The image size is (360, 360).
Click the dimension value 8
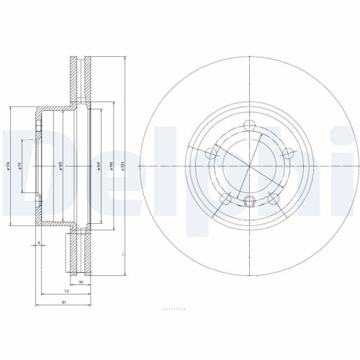(x=37, y=244)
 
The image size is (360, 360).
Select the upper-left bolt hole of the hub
(x=211, y=153)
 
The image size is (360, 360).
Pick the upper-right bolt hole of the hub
(x=287, y=153)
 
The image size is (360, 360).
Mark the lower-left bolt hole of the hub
(x=225, y=196)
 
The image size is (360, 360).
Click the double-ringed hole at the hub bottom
(x=249, y=202)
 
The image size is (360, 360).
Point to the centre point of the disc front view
(x=249, y=165)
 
